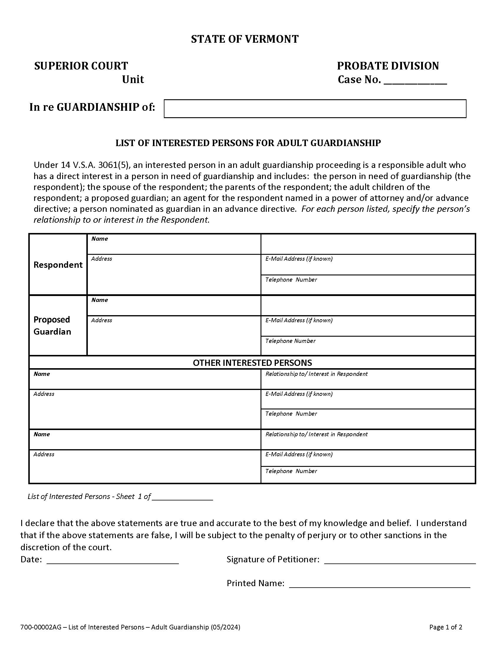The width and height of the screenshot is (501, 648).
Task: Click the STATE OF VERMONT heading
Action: tap(245, 39)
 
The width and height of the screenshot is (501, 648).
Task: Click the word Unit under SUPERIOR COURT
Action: tap(133, 80)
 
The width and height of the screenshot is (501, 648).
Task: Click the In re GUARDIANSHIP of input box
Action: tap(315, 109)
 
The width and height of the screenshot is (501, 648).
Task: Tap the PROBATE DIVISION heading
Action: tap(388, 66)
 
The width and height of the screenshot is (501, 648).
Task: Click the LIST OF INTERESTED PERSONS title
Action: tap(248, 143)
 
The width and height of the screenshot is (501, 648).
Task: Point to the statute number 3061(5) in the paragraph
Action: tap(112, 165)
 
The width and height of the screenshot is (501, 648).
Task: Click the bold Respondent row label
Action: tap(58, 265)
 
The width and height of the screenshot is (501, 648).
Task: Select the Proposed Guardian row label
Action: tap(52, 325)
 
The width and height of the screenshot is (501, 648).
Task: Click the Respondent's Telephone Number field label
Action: tap(291, 280)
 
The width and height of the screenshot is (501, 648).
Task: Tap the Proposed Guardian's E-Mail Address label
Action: tap(299, 320)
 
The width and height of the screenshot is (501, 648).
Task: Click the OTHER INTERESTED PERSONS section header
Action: tap(252, 363)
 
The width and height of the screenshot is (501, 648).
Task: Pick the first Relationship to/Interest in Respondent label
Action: tap(317, 374)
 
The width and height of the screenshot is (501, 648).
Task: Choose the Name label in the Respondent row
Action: tap(99, 239)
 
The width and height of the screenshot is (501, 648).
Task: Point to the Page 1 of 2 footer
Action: tap(446, 627)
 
